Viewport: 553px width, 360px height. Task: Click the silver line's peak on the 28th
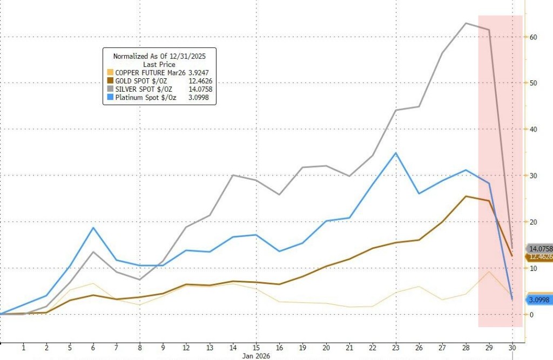tap(466, 23)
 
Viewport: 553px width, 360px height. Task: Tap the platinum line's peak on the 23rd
tap(396, 153)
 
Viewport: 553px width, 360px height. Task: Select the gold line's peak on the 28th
tap(466, 196)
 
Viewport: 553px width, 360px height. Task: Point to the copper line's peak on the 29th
tap(489, 271)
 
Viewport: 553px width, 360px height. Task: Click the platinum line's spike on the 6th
tap(93, 227)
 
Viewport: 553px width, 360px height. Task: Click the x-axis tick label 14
tap(233, 348)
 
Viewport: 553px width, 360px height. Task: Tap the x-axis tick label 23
tap(396, 348)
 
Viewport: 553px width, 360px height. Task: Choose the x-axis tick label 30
tap(512, 348)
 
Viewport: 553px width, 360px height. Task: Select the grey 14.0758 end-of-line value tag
tap(539, 249)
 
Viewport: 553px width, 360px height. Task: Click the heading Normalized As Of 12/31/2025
tap(159, 56)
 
